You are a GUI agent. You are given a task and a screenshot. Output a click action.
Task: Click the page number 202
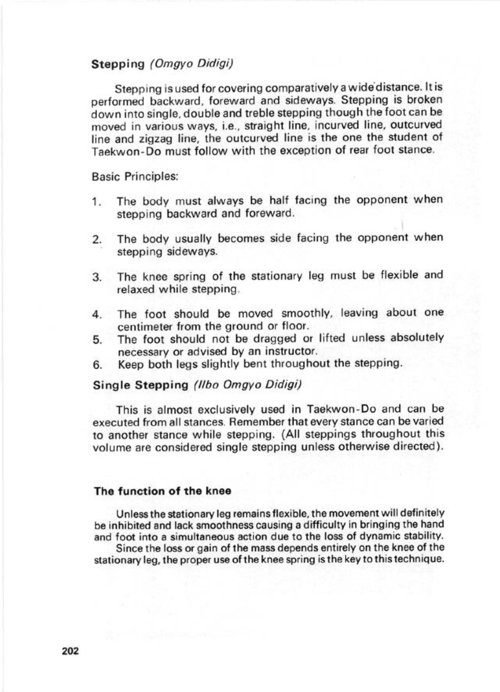tap(71, 651)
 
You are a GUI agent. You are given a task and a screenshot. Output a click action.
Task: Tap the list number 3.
tap(97, 277)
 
